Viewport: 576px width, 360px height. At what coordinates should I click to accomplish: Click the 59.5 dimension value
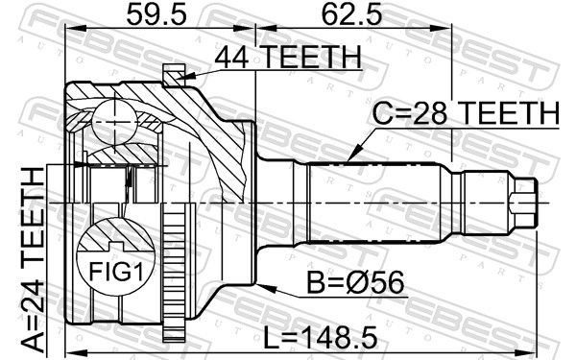(156, 15)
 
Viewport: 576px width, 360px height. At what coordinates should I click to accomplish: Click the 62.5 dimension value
(351, 15)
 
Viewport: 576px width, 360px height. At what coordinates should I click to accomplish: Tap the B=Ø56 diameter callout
(355, 282)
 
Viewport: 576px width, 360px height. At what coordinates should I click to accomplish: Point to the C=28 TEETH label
(466, 112)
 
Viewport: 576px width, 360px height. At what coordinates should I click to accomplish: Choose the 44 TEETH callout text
(288, 57)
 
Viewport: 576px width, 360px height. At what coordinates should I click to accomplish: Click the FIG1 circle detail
(116, 256)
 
